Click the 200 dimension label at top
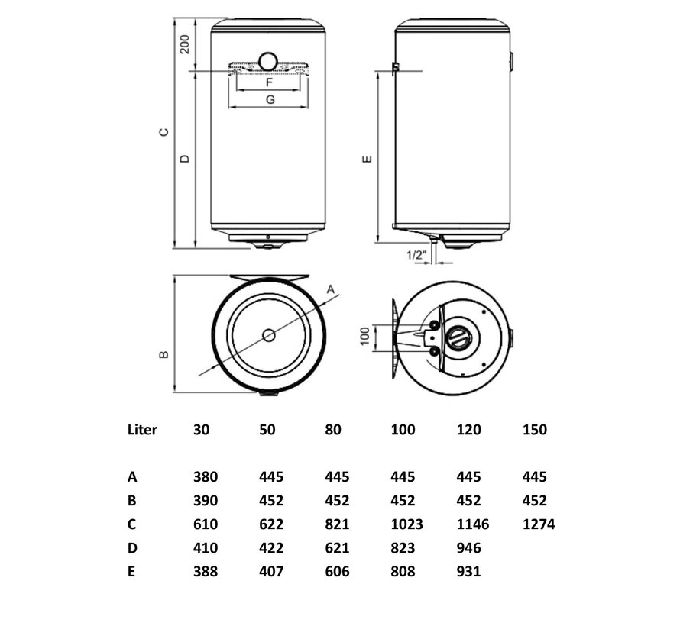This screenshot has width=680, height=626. (185, 44)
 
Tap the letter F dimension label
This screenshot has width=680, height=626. (269, 82)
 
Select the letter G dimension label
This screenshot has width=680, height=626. (270, 100)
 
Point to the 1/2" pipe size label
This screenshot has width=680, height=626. (416, 255)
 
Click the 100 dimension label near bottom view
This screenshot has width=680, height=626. (365, 336)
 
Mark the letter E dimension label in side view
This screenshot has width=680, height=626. (367, 159)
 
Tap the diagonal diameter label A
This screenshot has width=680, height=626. (331, 289)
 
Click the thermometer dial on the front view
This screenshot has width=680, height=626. (268, 62)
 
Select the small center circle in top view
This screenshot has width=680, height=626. (269, 335)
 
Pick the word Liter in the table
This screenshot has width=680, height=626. (142, 430)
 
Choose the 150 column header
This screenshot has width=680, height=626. (535, 430)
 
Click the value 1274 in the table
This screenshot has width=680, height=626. (539, 524)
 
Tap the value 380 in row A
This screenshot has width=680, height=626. (206, 477)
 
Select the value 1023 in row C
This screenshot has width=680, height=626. (406, 524)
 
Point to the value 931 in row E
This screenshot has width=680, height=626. (469, 571)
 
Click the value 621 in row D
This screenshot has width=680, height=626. (337, 548)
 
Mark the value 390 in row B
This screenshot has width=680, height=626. (206, 501)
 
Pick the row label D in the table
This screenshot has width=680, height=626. (132, 548)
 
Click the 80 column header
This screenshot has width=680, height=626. (333, 430)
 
